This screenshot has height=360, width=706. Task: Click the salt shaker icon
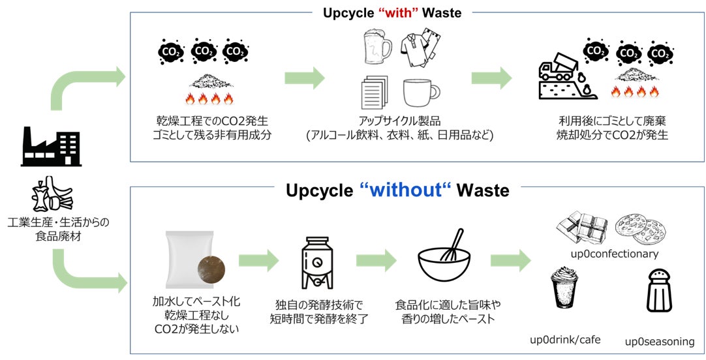coord(659,293)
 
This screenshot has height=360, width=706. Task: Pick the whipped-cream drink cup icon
coord(564,288)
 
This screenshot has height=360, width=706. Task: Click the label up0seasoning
coord(660,341)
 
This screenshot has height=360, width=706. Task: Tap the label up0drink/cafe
coord(565,339)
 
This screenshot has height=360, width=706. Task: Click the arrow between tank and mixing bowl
coord(376,260)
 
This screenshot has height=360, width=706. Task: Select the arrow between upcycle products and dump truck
coord(491,78)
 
